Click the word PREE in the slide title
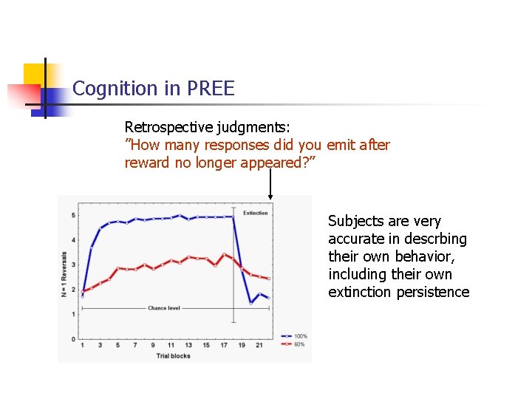(x=211, y=89)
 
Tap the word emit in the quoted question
(x=341, y=146)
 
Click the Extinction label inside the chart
(x=256, y=213)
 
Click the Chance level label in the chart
(x=163, y=307)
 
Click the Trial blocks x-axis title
(x=173, y=356)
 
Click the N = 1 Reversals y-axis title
(x=64, y=271)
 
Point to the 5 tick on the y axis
(x=73, y=215)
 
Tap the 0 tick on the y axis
(x=73, y=339)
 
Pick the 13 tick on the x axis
(x=188, y=345)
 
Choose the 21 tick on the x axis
(x=259, y=345)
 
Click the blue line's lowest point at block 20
(x=251, y=302)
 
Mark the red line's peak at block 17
(x=224, y=255)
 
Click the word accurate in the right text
(x=357, y=239)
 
